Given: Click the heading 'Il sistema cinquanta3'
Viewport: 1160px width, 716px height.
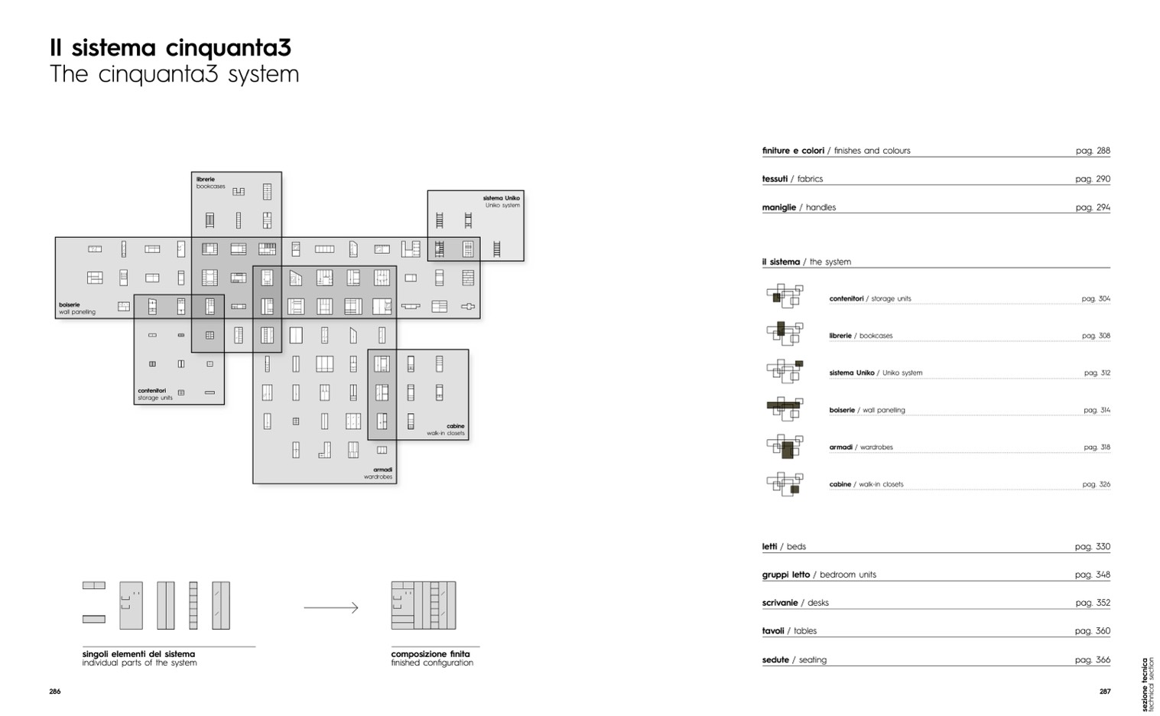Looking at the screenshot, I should tap(171, 48).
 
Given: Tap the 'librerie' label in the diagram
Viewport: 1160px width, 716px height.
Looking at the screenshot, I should tap(206, 179).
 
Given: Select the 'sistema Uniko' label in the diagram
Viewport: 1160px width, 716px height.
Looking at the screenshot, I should tap(501, 198).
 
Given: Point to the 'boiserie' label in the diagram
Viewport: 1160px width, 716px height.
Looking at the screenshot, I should tap(70, 304).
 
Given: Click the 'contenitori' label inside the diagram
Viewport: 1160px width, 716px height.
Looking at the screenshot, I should tap(151, 390).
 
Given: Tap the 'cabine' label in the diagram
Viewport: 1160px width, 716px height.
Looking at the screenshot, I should tap(455, 426).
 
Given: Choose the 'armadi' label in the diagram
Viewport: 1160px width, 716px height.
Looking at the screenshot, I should tap(382, 470).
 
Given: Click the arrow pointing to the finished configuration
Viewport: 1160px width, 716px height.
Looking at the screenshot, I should tap(331, 608).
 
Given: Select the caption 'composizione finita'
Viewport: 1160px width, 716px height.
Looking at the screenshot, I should tap(431, 654).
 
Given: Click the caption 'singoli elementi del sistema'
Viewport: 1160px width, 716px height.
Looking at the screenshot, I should tap(138, 654).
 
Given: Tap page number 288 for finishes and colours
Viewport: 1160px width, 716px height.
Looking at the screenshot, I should tap(1093, 151).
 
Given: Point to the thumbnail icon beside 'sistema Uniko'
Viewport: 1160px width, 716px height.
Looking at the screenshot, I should tap(785, 371).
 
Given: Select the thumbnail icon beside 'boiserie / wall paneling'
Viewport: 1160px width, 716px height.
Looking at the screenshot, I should tap(785, 408).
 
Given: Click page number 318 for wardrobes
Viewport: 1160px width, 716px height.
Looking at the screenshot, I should tap(1097, 447).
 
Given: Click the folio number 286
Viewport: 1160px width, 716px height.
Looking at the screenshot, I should tap(55, 692).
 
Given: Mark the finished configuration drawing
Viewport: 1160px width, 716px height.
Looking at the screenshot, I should tap(424, 605).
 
